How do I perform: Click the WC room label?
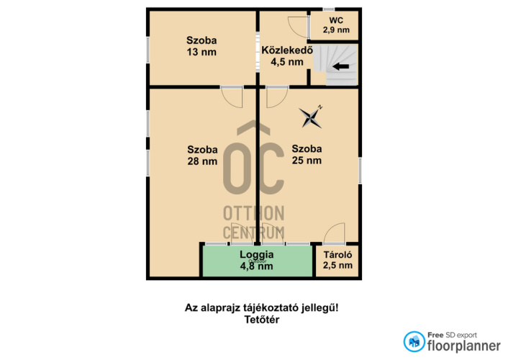tap(336, 20)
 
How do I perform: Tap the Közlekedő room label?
tap(287, 50)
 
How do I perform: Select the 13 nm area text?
tap(201, 52)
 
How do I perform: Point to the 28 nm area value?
tap(202, 161)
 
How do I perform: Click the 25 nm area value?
tap(307, 161)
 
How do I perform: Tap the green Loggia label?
tap(257, 255)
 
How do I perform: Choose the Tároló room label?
tap(337, 255)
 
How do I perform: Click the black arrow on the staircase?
tap(341, 67)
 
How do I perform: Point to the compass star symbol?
tap(310, 117)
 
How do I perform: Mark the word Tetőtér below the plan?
tap(262, 320)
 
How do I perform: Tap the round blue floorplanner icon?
tap(414, 341)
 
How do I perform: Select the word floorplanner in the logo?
tap(464, 346)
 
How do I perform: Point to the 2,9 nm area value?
tap(336, 30)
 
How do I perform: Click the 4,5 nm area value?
tap(287, 62)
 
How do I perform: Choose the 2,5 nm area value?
tap(337, 265)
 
